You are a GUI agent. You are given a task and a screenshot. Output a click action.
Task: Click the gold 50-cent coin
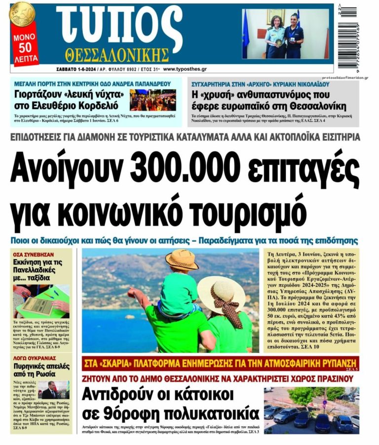[x=22, y=14]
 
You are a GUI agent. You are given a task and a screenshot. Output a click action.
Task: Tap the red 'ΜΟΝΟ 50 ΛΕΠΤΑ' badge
[x=24, y=47]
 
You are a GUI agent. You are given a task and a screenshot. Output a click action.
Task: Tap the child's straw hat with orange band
[x=181, y=260]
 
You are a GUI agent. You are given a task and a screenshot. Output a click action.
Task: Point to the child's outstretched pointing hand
[x=133, y=294]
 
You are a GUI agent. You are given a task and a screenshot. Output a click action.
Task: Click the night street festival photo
[x=153, y=100]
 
